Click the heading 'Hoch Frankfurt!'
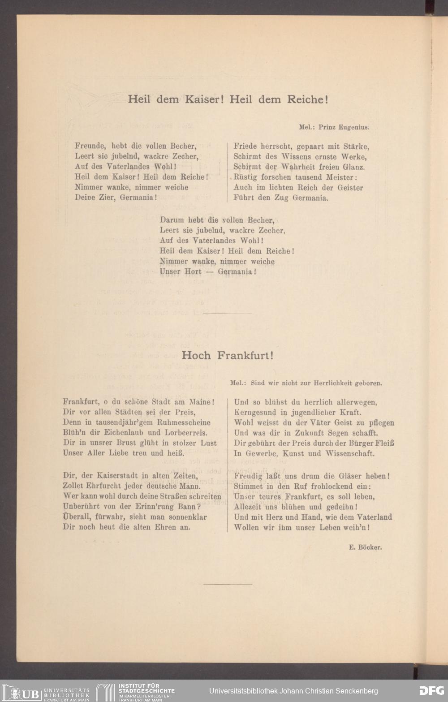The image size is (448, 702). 227,356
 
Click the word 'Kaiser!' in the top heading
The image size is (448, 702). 204,99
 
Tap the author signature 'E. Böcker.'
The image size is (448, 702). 365,547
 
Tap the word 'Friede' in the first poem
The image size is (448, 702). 244,146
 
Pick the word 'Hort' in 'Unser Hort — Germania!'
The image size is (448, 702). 193,271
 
